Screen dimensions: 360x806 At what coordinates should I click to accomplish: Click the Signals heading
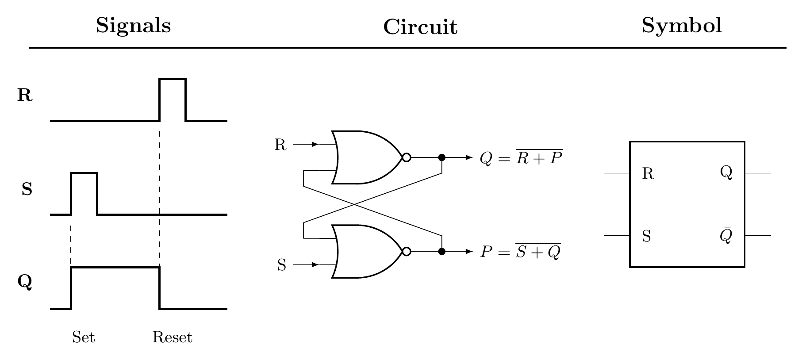[x=133, y=26]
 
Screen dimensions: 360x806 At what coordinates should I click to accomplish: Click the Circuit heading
[x=420, y=27]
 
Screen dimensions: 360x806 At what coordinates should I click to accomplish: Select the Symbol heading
[x=681, y=26]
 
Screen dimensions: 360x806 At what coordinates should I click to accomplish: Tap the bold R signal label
[x=25, y=96]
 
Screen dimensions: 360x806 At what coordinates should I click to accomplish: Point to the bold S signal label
[x=27, y=190]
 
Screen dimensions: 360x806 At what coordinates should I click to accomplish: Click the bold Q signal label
[x=25, y=282]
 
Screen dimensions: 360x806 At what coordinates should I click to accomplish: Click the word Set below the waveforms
[x=83, y=337]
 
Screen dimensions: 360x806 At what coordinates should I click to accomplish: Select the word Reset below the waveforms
[x=172, y=337]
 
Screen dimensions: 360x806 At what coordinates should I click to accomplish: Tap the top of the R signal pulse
[x=173, y=79]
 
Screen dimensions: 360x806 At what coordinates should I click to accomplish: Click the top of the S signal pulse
[x=84, y=173]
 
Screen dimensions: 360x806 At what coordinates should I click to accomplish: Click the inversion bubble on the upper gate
[x=407, y=157]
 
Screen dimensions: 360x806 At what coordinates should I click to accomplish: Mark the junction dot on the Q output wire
[x=441, y=157]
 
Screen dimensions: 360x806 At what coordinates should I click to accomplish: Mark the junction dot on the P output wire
[x=441, y=252]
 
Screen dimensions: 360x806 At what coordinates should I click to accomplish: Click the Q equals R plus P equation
[x=521, y=158]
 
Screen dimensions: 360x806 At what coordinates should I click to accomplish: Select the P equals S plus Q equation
[x=521, y=252]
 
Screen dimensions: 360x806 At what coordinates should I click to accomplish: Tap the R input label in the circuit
[x=280, y=145]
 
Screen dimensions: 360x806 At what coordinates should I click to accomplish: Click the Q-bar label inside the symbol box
[x=726, y=236]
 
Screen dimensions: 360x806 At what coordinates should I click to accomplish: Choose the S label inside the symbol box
[x=646, y=237]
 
